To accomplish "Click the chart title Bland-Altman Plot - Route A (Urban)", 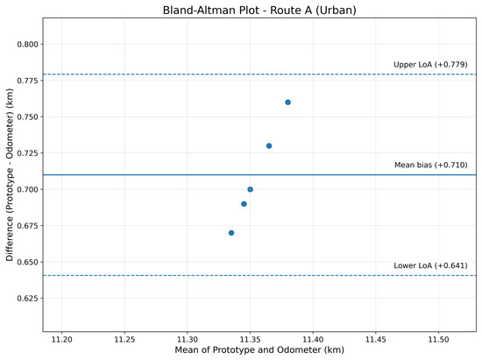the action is click(x=259, y=11).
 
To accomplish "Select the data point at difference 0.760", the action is click(x=287, y=102).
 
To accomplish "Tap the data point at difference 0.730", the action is click(x=269, y=146).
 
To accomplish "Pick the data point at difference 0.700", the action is click(x=251, y=189).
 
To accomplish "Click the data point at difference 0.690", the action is click(x=244, y=204).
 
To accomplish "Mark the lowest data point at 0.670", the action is click(x=231, y=233).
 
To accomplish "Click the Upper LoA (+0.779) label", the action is click(x=430, y=65).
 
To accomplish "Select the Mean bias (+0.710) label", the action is click(x=430, y=165).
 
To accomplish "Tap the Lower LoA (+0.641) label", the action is click(x=430, y=265).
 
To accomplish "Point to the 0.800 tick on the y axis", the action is click(x=28, y=44).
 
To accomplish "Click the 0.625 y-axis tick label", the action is click(x=28, y=299).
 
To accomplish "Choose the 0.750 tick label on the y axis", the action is click(x=28, y=117).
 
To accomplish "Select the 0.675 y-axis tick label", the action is click(x=28, y=226).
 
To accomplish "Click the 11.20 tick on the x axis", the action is click(x=61, y=340).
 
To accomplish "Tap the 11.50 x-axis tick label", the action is click(x=438, y=340).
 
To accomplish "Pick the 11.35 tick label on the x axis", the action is click(x=250, y=340).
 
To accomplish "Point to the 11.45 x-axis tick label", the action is click(x=376, y=340).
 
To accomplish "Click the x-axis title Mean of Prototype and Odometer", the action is click(x=259, y=349).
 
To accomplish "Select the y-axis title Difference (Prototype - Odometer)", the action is click(x=10, y=175).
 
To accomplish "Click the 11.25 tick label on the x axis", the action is click(x=124, y=340).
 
